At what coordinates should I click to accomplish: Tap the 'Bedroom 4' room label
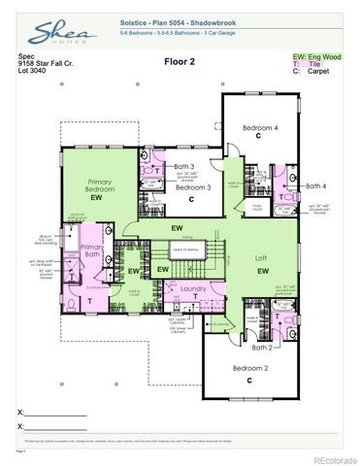[x=259, y=127]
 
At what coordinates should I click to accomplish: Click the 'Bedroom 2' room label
[x=249, y=368]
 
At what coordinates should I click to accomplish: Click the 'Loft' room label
[x=262, y=259]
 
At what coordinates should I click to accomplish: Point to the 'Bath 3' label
[x=184, y=167]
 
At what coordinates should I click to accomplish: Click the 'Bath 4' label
[x=316, y=185]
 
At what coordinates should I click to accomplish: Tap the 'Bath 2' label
[x=261, y=347]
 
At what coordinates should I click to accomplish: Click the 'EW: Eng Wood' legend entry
[x=317, y=56]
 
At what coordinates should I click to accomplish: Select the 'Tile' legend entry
[x=315, y=65]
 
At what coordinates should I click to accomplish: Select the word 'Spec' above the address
[x=26, y=56]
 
